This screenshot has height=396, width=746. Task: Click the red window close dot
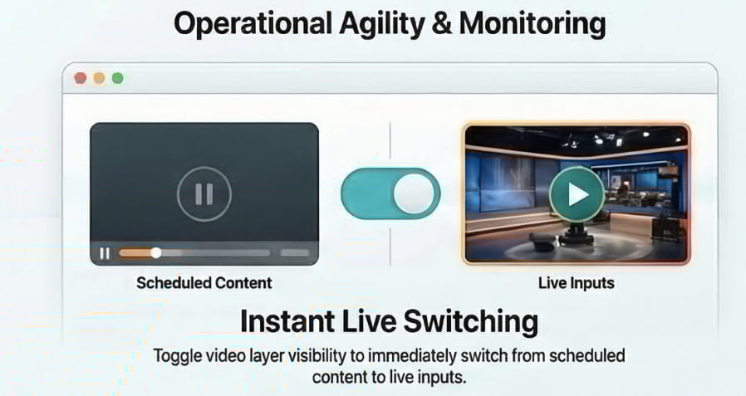[81, 78]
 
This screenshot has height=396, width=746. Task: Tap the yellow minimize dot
[99, 78]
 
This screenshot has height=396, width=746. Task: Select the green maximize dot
[117, 78]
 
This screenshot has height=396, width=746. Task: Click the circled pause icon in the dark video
[204, 194]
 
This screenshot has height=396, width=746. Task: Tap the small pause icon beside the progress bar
[105, 253]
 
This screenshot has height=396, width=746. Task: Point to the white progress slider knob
[156, 253]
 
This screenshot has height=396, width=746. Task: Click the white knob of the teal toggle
[414, 193]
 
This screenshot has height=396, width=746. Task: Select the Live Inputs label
[577, 283]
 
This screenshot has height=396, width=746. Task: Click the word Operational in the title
[253, 24]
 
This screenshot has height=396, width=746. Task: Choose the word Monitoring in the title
[533, 24]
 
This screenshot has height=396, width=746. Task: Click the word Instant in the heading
[287, 321]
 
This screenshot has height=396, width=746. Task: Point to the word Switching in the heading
[472, 322]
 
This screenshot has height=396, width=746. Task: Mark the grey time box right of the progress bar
[295, 253]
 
